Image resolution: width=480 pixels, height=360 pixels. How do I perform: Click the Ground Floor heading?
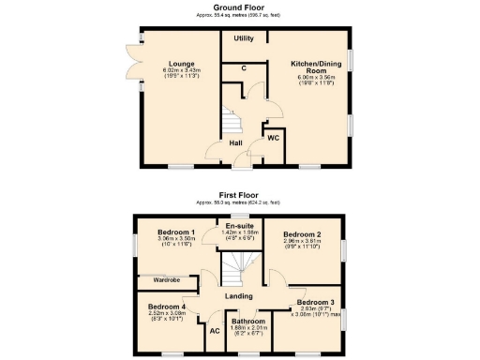[240, 7]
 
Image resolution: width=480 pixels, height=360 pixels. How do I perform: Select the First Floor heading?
[240, 196]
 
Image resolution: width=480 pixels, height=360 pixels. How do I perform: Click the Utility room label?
[244, 38]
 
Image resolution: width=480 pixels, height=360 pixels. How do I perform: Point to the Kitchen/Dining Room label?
[307, 67]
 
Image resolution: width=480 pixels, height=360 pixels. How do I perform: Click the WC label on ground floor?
[273, 138]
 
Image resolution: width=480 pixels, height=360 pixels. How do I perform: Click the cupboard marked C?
[244, 69]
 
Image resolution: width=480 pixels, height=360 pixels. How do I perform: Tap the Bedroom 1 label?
[175, 232]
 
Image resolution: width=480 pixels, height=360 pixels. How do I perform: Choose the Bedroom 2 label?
[303, 233]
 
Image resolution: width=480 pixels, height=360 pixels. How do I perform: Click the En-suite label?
[241, 225]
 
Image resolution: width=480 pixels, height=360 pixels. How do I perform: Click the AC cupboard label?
[215, 331]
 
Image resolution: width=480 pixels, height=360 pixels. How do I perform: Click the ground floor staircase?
[231, 123]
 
